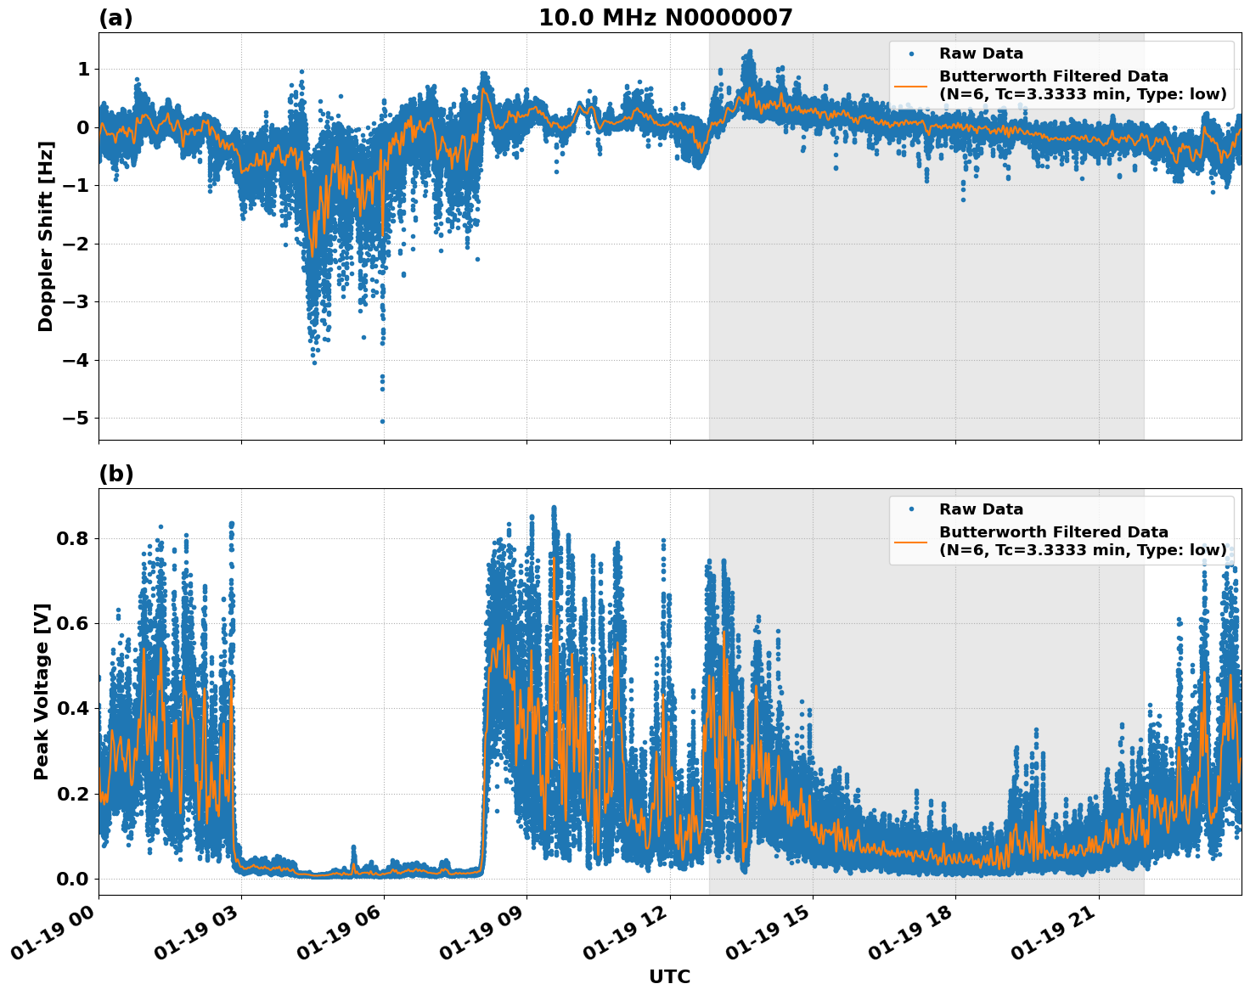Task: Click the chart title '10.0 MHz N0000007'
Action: pos(665,18)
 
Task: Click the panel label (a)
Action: pos(115,18)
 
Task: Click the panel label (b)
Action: pos(115,474)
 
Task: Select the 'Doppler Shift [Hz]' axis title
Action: pos(46,236)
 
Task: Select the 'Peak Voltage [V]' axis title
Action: pos(42,691)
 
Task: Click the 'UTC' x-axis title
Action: pos(669,976)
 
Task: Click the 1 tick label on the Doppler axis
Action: pos(83,70)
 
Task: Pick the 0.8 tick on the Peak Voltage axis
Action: pos(73,539)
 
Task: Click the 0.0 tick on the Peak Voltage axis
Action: pos(73,879)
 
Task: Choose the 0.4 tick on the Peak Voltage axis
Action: pos(73,709)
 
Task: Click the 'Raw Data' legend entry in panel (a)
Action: pos(981,53)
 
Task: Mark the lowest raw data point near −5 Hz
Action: pos(382,421)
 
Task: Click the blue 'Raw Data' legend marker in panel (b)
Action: pos(911,509)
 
